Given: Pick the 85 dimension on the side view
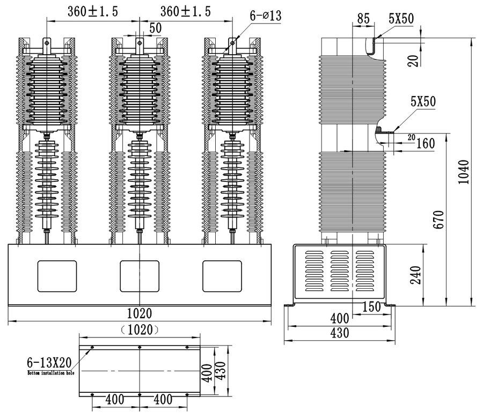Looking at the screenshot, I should pos(363,18).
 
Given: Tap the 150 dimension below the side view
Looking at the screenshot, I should pos(371,306).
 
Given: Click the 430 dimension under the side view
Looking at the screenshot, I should pos(339,333).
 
